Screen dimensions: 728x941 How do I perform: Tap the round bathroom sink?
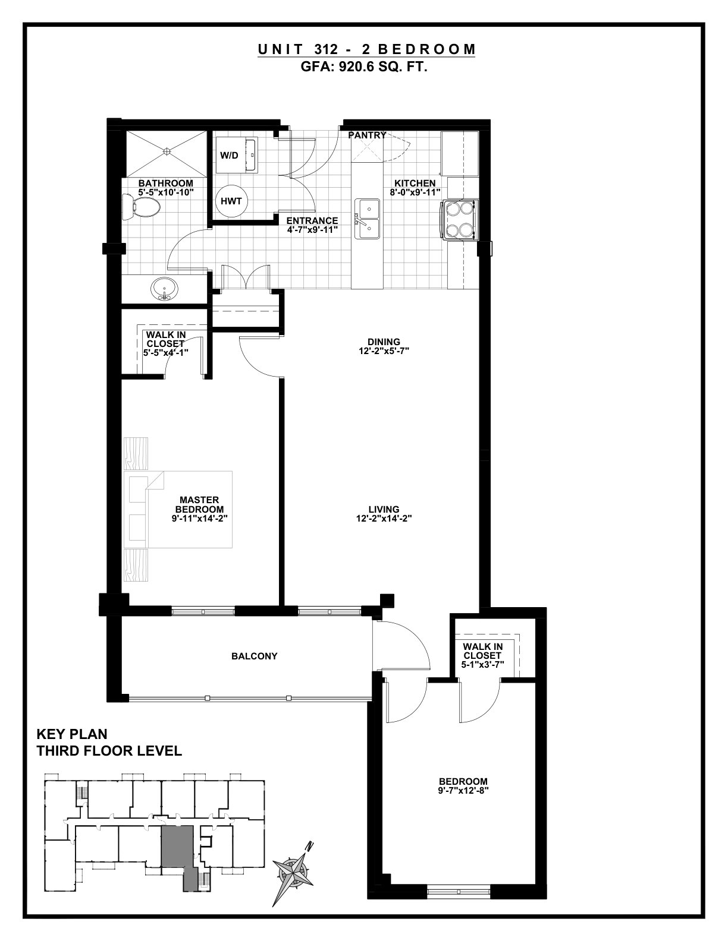click(x=164, y=288)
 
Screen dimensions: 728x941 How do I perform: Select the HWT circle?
click(x=231, y=201)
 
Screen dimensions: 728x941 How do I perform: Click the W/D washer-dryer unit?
click(x=237, y=155)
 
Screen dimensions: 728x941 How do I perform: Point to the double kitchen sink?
click(x=367, y=219)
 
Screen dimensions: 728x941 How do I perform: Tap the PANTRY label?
click(x=367, y=135)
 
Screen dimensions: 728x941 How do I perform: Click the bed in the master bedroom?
click(x=178, y=509)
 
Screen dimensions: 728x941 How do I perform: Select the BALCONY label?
click(x=254, y=656)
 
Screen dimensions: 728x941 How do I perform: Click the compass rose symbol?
click(x=294, y=870)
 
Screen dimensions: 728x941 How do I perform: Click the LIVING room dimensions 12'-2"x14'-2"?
click(x=384, y=518)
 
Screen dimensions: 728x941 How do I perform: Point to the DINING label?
click(x=384, y=342)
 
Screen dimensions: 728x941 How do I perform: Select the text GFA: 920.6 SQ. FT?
click(x=364, y=67)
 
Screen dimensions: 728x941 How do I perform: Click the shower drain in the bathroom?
click(x=165, y=151)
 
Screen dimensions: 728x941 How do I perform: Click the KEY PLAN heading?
click(x=72, y=734)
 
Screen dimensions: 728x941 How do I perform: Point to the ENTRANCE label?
click(x=312, y=221)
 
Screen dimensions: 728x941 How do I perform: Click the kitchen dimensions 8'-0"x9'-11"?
click(x=415, y=192)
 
